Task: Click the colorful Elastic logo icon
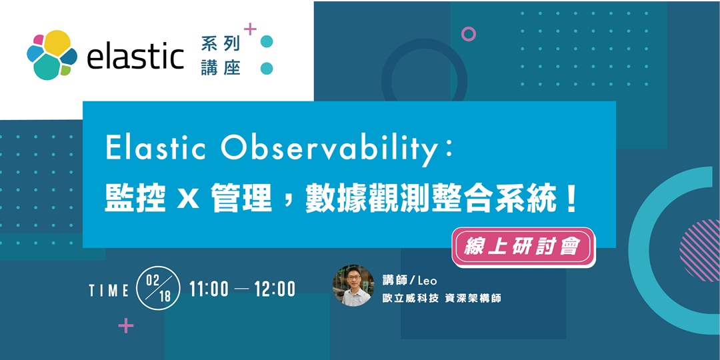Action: (x=51, y=54)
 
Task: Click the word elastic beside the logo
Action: (x=135, y=56)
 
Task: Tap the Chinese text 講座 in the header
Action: (x=220, y=68)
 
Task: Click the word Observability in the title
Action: (x=331, y=150)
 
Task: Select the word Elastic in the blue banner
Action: (x=157, y=149)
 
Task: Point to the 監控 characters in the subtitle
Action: (x=135, y=199)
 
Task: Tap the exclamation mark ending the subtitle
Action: (x=570, y=199)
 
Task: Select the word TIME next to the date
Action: (x=109, y=290)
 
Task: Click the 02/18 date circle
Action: (x=157, y=288)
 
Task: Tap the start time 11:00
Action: (x=209, y=289)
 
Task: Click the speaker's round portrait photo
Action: (x=353, y=285)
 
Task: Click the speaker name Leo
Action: (x=429, y=281)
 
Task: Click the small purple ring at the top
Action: (x=469, y=34)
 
